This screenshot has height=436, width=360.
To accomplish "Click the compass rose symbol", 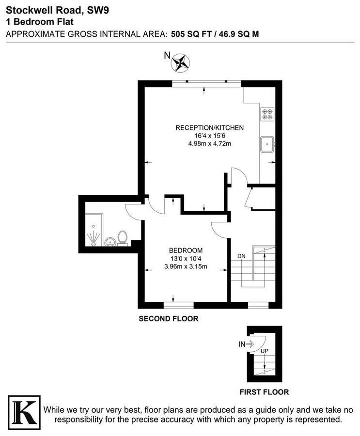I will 182,62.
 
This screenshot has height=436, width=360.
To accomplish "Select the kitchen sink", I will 266,144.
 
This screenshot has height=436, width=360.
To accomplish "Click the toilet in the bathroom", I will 123,237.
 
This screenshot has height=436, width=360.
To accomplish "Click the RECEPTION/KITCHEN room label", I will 209,128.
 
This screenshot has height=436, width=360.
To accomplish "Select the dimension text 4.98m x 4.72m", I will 209,143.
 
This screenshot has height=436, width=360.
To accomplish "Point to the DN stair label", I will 241,256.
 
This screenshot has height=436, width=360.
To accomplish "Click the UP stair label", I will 265,351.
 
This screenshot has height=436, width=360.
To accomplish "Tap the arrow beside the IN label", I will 250,344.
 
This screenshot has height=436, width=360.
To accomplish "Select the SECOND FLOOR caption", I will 168,319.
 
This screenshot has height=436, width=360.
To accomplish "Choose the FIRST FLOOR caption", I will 264,392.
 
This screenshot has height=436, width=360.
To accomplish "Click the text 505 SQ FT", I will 190,34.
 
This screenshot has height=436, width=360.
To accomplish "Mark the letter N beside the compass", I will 167,56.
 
